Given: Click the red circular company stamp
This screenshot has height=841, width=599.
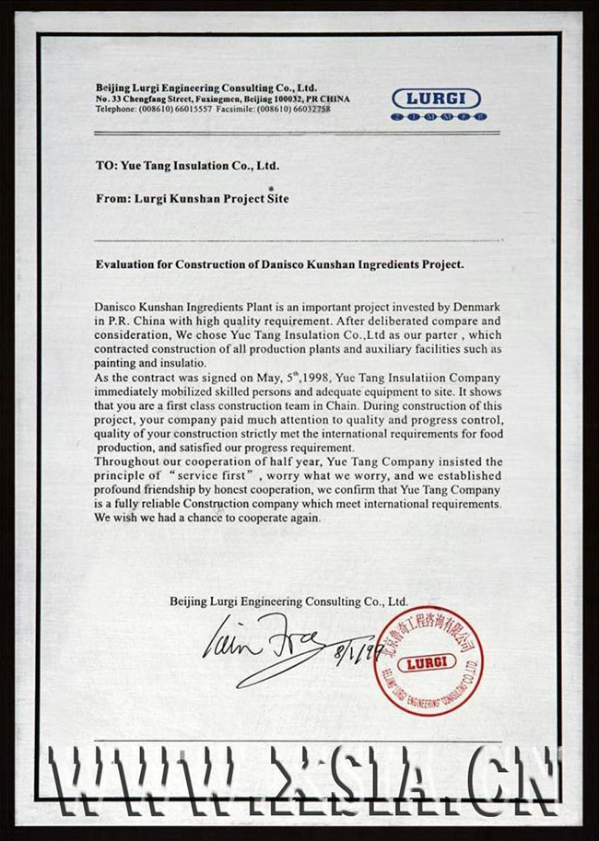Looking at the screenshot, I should [429, 660].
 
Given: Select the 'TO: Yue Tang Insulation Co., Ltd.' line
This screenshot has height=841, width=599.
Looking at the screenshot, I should [187, 166].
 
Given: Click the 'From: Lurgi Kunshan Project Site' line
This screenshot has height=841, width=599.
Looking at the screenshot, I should [199, 197].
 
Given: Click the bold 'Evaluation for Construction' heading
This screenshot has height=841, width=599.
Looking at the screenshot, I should [280, 263].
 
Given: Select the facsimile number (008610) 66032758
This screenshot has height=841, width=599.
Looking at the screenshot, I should [294, 109].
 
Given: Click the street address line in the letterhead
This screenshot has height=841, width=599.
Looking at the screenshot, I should [222, 99].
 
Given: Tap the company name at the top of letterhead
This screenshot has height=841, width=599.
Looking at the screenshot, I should [206, 87].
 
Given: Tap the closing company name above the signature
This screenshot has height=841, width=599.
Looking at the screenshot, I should [288, 601].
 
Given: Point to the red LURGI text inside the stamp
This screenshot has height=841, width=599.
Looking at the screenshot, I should [429, 662].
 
